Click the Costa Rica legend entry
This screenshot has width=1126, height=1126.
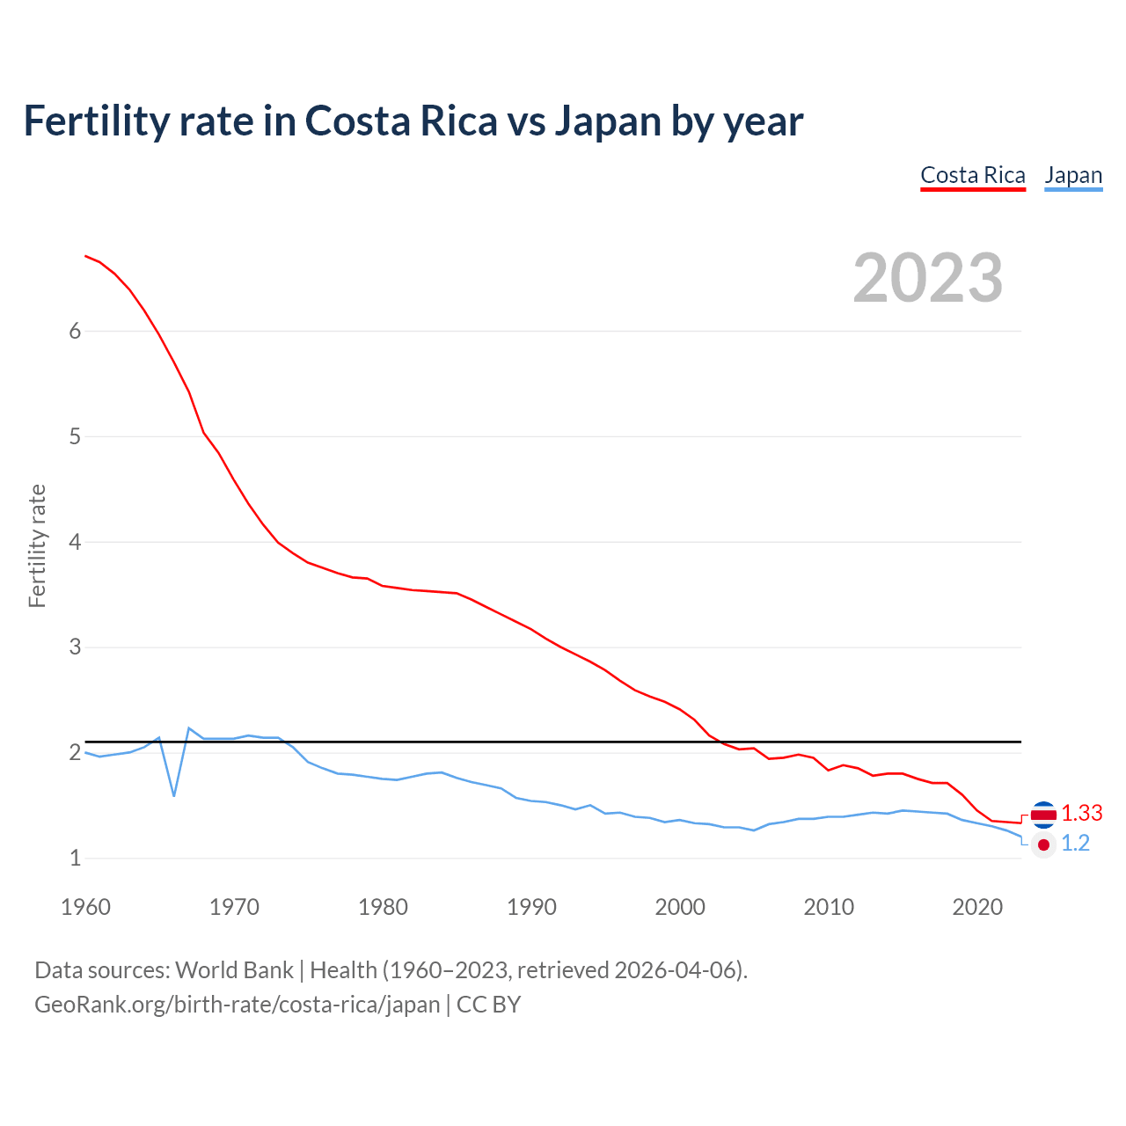tap(973, 176)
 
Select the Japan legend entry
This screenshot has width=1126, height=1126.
tap(1073, 176)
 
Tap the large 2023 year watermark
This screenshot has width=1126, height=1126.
tap(928, 278)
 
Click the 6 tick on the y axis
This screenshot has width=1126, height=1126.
tap(75, 331)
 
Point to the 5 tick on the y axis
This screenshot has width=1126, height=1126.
tap(75, 436)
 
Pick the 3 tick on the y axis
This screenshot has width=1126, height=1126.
tap(75, 647)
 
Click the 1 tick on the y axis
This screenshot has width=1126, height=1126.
tap(75, 858)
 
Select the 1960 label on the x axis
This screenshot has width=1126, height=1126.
tap(85, 907)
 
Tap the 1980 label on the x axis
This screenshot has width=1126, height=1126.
tap(383, 907)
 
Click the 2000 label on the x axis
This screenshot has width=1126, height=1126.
tap(680, 907)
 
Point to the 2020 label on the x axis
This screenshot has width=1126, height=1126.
tap(977, 907)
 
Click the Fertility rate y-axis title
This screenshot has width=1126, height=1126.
tap(37, 545)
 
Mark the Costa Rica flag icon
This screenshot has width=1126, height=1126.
tap(1043, 815)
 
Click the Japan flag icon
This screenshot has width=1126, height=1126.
tap(1043, 844)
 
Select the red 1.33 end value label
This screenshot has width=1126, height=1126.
tap(1081, 814)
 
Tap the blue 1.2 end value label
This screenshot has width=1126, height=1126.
tap(1075, 844)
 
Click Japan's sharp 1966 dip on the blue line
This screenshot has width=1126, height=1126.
tap(174, 795)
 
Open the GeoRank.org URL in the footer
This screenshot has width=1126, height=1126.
tap(237, 1005)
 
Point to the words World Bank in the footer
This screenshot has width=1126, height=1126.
tap(234, 970)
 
